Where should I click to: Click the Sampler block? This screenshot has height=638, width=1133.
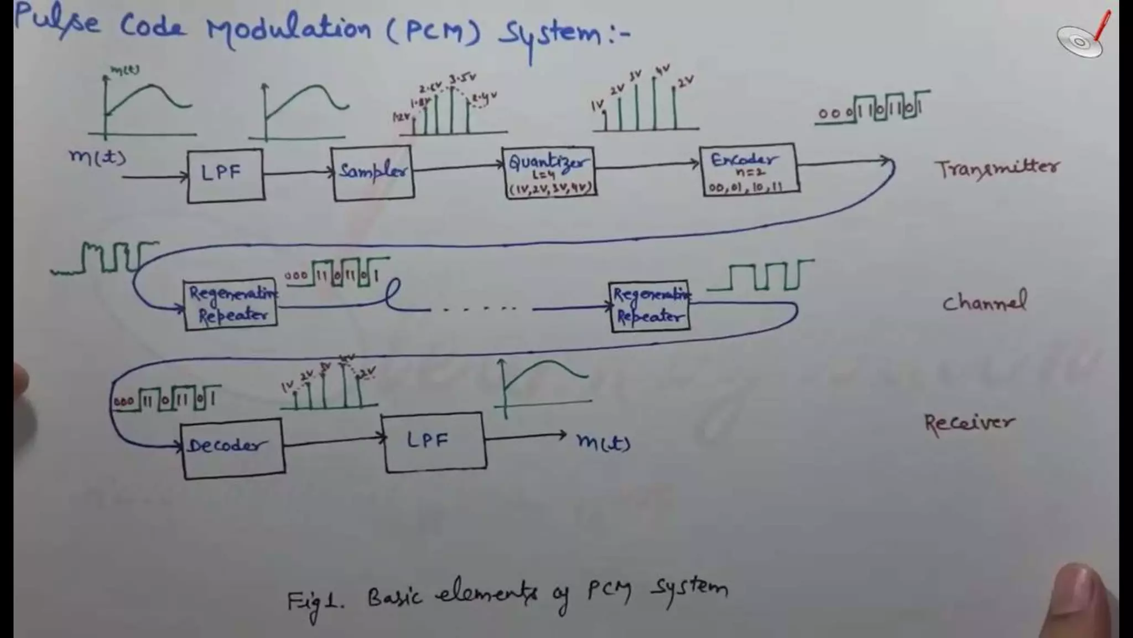(x=373, y=172)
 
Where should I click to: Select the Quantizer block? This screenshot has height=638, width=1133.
(x=549, y=172)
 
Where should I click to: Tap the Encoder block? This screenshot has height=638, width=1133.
(x=749, y=169)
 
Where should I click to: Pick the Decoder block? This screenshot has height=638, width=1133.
(x=233, y=447)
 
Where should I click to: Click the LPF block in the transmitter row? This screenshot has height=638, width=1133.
(x=225, y=175)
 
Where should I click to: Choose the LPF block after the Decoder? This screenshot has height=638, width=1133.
(x=434, y=442)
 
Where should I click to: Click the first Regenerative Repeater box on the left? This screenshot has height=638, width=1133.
(x=230, y=304)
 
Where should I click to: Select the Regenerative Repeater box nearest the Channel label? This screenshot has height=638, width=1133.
(x=649, y=306)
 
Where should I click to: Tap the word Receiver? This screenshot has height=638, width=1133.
(x=969, y=424)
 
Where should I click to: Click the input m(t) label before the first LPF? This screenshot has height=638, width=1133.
(x=97, y=157)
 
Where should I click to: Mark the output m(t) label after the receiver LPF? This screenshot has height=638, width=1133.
(x=603, y=442)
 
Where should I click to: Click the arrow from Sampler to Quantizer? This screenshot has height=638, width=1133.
(x=458, y=166)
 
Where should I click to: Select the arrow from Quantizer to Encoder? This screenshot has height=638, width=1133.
(x=647, y=164)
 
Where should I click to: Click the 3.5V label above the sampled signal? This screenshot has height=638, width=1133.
(x=462, y=78)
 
